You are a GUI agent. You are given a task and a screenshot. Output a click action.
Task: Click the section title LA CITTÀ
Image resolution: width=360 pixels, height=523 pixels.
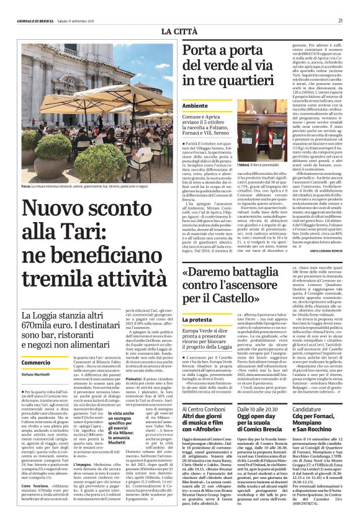(x=180, y=30)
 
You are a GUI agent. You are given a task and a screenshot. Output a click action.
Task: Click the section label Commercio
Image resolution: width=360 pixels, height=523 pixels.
(x=35, y=362)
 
